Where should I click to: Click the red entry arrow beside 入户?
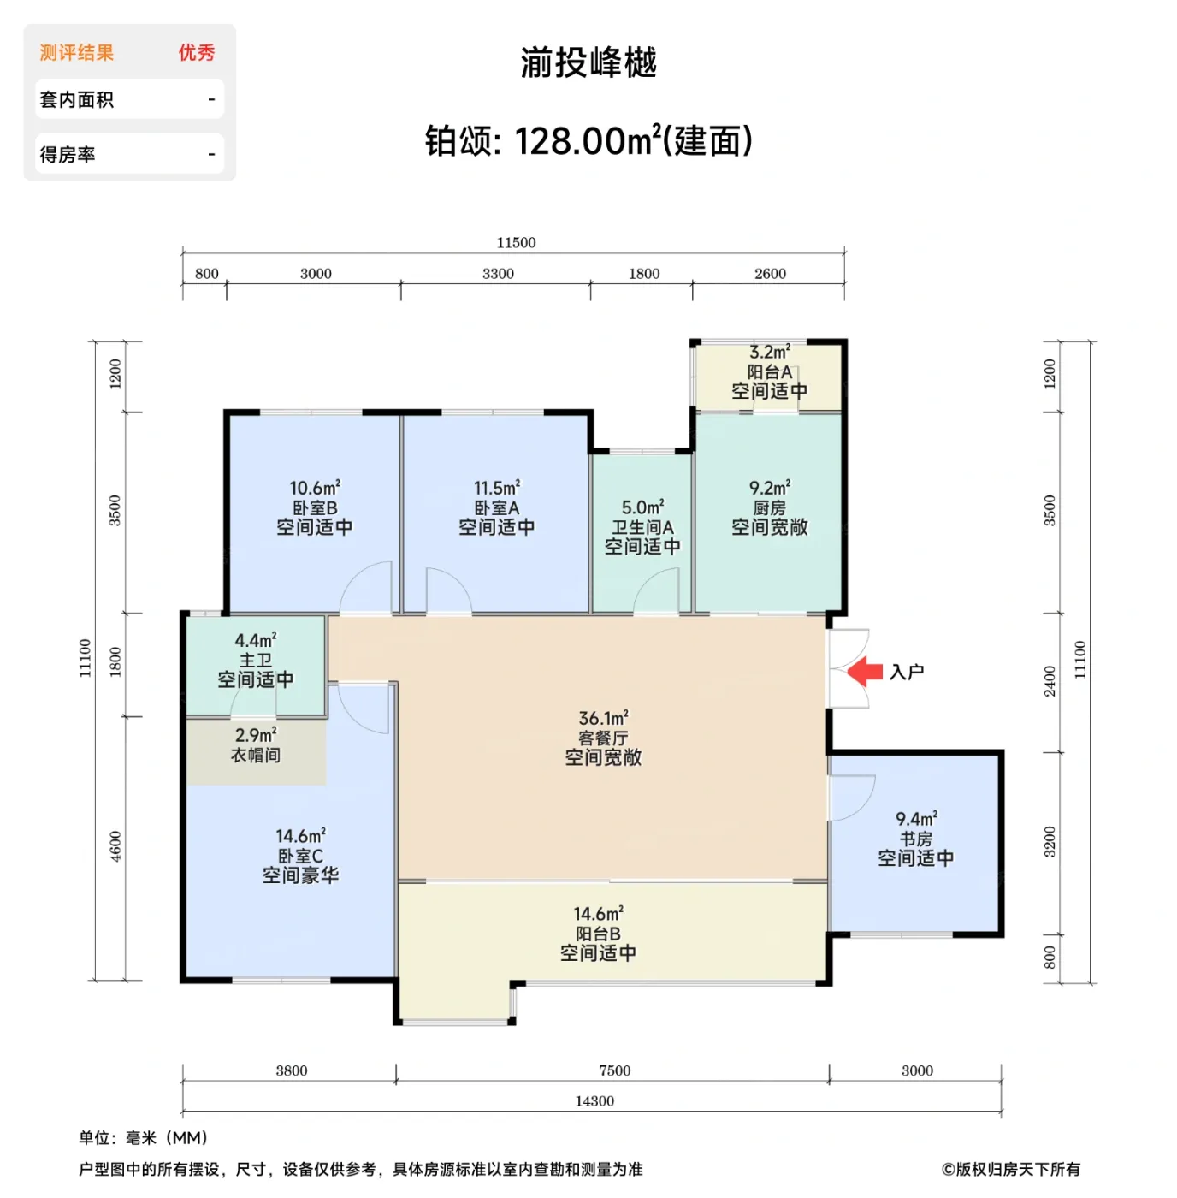point(865,672)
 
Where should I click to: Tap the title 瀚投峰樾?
point(588,63)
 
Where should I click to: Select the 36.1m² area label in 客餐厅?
point(603,718)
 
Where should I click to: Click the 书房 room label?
point(915,839)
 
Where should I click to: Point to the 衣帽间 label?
point(255,755)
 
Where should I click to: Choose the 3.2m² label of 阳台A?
point(769,352)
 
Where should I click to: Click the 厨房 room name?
point(769,507)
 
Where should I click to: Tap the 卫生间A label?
point(642,527)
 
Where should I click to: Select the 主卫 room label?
point(255,660)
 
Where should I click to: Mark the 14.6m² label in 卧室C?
point(300,835)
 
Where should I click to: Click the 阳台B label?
point(598,934)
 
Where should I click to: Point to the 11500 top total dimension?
point(516,243)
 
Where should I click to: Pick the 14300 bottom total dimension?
point(594,1101)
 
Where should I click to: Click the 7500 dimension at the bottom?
point(614,1070)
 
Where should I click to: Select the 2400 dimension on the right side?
point(1050,682)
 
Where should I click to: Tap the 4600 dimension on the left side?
point(115,846)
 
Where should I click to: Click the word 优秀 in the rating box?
point(197,53)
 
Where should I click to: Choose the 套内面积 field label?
point(77,100)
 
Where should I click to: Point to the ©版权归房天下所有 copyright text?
point(1010,1169)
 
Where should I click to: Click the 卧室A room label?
point(496,507)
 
